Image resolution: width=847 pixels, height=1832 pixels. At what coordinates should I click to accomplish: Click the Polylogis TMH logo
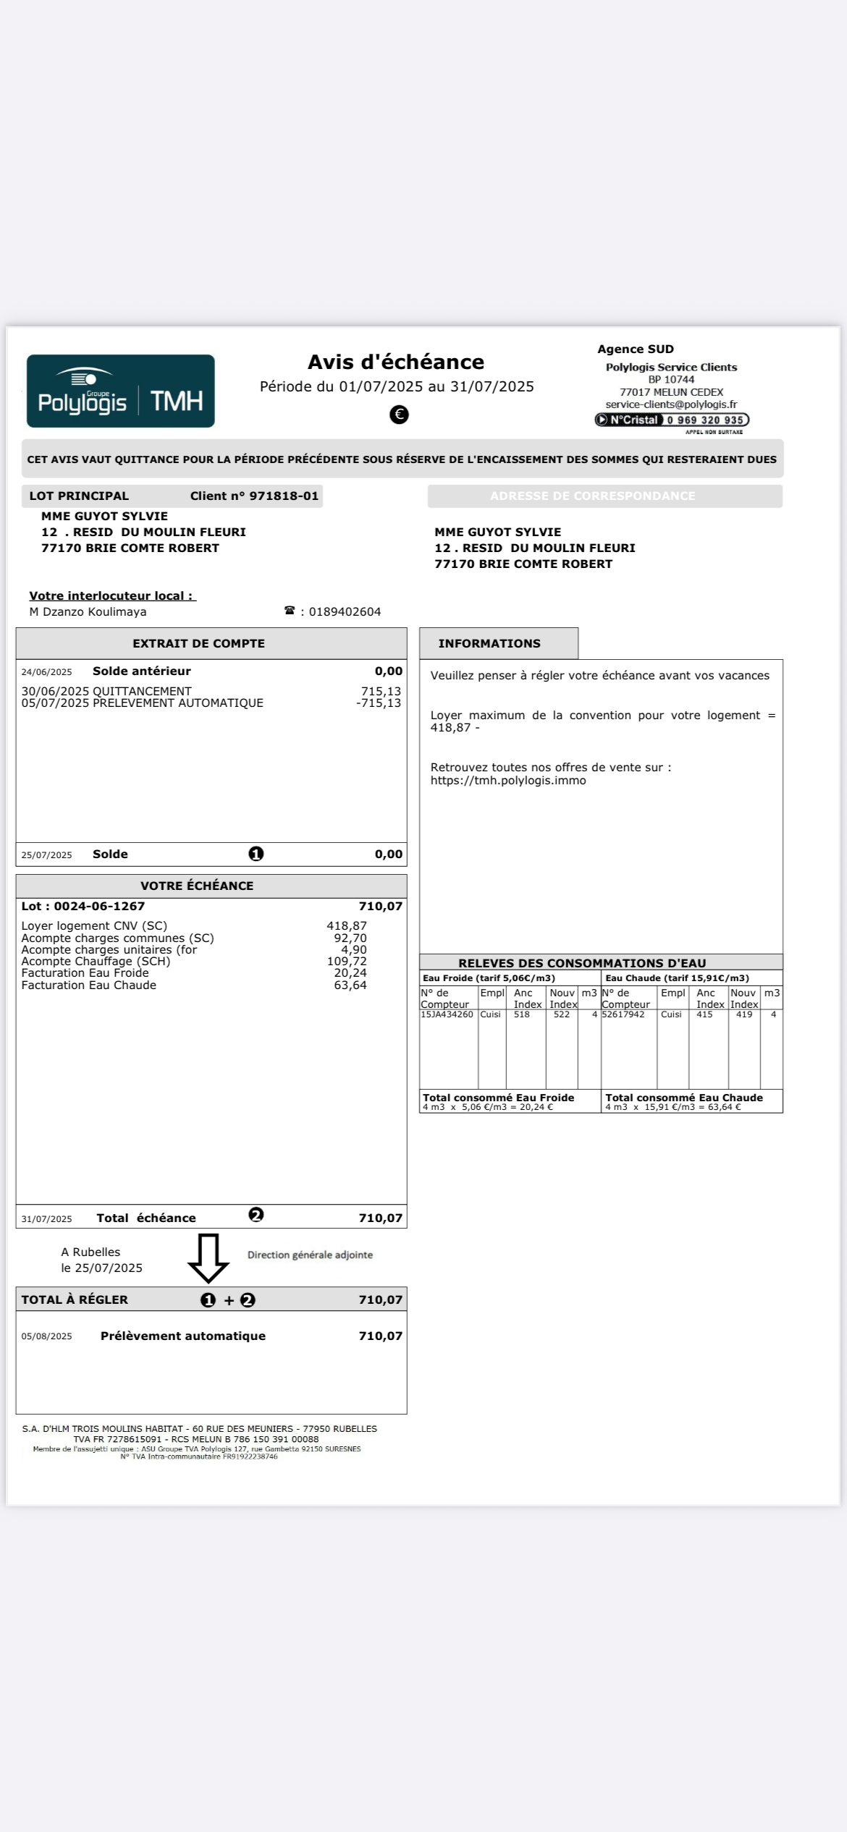coord(120,391)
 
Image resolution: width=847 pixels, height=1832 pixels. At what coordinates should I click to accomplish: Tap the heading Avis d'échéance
coord(396,362)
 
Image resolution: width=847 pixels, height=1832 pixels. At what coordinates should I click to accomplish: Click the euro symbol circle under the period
coord(399,415)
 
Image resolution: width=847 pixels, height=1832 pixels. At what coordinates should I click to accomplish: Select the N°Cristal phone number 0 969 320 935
coord(704,420)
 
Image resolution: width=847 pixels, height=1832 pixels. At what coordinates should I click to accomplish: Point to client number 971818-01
coord(284,496)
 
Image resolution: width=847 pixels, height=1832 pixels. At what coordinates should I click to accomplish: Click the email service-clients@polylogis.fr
coord(671,404)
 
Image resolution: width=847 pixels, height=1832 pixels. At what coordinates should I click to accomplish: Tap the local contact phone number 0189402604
coord(345,612)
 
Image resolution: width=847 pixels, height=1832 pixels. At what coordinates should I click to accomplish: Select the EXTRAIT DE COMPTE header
coord(198,643)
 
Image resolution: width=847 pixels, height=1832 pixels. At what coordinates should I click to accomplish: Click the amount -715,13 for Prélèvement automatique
coord(379,703)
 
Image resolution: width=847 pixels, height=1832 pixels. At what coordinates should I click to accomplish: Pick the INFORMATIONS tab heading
coord(489,643)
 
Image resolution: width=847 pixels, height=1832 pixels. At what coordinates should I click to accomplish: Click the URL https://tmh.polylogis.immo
coord(508,781)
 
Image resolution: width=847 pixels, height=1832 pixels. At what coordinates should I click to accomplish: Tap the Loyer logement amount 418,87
coord(347,925)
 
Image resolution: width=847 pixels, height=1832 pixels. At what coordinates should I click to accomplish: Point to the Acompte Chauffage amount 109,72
coord(347,962)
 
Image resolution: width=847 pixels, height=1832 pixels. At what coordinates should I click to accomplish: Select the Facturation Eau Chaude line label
coord(89,985)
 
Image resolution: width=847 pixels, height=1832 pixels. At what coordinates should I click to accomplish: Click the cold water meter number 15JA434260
coord(447,1014)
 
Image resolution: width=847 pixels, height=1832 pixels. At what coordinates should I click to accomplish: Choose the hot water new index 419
coord(743,1014)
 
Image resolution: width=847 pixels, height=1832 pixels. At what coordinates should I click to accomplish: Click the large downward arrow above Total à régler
coord(208,1258)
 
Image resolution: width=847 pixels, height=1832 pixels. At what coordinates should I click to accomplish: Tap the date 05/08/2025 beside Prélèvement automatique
coord(46,1336)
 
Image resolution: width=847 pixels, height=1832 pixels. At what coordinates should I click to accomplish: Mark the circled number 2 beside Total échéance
coord(256,1215)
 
